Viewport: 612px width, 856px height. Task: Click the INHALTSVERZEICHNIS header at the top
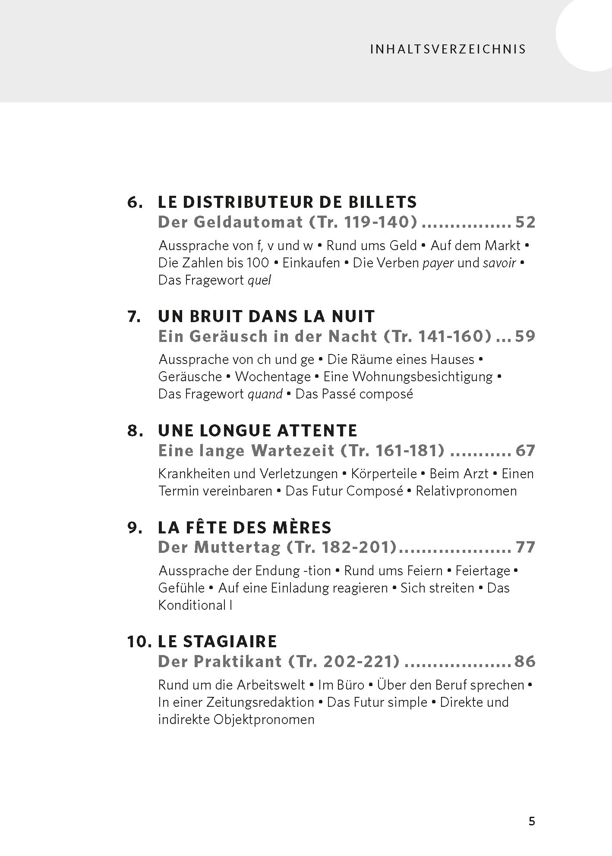tap(448, 49)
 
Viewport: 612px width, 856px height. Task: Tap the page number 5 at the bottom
tap(532, 821)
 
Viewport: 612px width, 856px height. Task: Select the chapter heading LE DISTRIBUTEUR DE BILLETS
tap(287, 202)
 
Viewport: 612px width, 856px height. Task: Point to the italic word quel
tap(259, 280)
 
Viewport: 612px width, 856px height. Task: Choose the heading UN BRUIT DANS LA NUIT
tap(266, 316)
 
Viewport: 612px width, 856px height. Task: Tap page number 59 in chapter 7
tap(525, 336)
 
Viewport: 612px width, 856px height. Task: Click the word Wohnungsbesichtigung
tap(422, 376)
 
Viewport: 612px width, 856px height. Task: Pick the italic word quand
tap(265, 394)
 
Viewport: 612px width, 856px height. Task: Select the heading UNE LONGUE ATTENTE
tap(258, 430)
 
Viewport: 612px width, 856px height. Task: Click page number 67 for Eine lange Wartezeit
tap(525, 450)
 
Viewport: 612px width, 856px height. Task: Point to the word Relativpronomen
tap(466, 491)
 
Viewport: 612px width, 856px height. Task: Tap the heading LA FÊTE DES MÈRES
tap(245, 527)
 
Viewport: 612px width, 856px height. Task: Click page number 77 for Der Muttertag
tap(525, 547)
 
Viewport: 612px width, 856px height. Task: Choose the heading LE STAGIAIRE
tap(217, 641)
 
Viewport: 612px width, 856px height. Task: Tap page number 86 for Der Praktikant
tap(525, 661)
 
